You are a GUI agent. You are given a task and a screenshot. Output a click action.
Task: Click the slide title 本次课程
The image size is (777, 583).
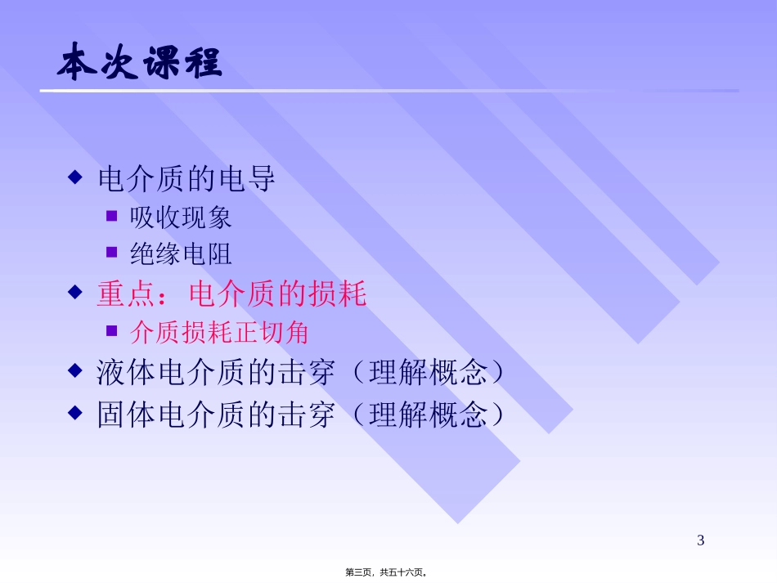tap(140, 65)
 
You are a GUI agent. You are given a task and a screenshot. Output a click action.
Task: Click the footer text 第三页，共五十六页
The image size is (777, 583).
tap(388, 573)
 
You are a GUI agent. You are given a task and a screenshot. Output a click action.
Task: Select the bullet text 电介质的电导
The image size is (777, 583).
tap(186, 179)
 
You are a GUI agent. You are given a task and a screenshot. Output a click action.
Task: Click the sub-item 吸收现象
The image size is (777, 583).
tap(181, 217)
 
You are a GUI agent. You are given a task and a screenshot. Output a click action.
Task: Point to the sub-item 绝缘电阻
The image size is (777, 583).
tap(181, 253)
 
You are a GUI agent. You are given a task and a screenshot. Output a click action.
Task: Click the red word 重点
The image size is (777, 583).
tap(127, 294)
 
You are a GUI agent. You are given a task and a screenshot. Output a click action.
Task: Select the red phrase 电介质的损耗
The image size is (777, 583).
tap(277, 294)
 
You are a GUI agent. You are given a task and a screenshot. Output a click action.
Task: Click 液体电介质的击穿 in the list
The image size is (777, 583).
tap(216, 373)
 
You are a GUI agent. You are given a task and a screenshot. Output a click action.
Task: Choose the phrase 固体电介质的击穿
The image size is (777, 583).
tap(216, 415)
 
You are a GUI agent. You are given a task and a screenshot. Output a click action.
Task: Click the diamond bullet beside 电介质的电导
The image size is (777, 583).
tap(75, 177)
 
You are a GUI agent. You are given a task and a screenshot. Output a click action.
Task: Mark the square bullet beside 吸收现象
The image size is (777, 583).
tap(112, 216)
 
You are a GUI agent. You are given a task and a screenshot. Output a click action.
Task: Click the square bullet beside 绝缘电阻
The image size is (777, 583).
tap(112, 253)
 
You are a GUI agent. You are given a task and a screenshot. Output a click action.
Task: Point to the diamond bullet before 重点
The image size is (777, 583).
tap(75, 292)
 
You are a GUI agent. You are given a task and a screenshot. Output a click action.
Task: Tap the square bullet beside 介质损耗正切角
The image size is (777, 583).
tap(112, 331)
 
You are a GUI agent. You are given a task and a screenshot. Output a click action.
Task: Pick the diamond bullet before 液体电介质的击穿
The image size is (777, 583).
tap(75, 371)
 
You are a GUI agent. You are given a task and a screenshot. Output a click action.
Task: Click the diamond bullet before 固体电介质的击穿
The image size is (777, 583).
tap(75, 412)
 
